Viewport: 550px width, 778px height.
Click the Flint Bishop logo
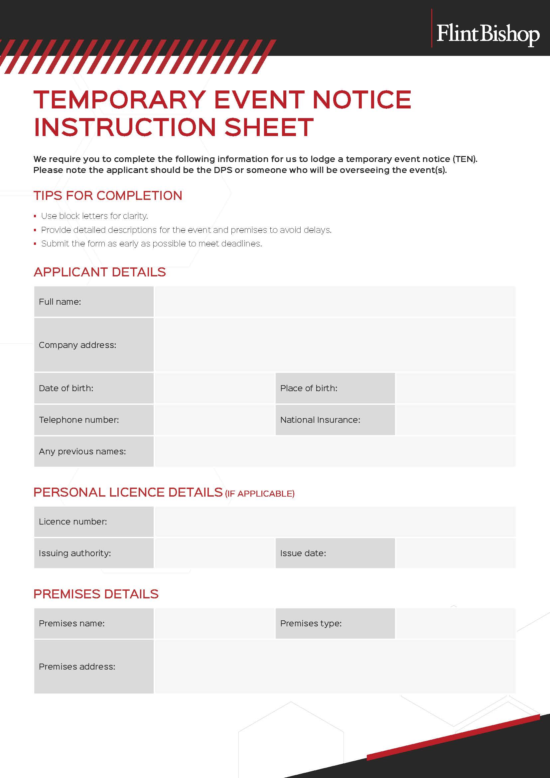click(487, 34)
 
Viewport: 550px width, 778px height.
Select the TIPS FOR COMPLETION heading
click(108, 196)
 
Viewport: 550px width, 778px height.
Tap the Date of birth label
click(66, 388)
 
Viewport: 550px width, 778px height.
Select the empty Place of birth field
click(456, 388)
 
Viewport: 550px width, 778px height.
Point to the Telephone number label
click(79, 420)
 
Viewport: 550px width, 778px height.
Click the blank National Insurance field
click(456, 420)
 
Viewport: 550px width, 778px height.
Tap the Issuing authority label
click(75, 553)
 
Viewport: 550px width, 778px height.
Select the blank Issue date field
click(456, 553)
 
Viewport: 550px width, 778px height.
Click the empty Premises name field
click(214, 623)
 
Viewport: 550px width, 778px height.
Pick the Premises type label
click(311, 623)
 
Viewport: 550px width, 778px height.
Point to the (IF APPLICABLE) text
click(260, 494)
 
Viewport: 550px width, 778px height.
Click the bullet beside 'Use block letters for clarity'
click(35, 216)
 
